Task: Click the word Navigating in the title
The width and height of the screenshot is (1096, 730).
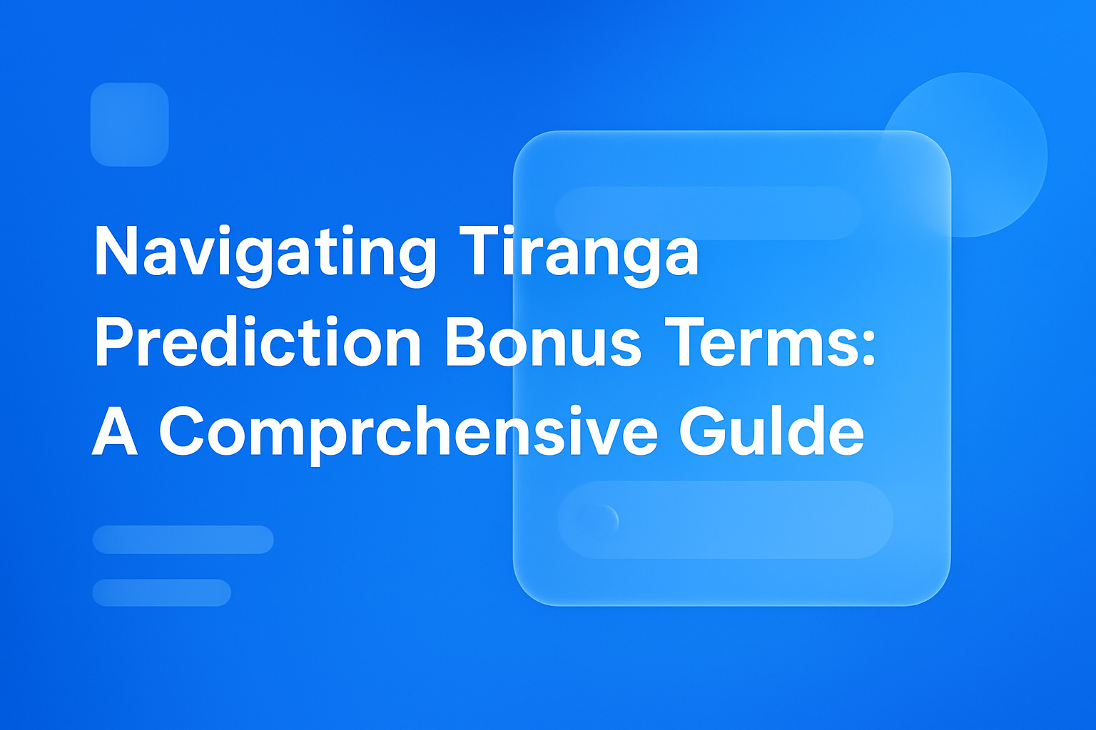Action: pyautogui.click(x=264, y=253)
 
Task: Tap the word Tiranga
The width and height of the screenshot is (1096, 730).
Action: pyautogui.click(x=578, y=253)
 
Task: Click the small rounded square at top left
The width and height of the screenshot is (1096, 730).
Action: pyautogui.click(x=129, y=125)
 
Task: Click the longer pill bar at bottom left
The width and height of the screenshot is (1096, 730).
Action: pyautogui.click(x=183, y=540)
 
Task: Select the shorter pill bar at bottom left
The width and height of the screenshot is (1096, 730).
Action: pyautogui.click(x=161, y=592)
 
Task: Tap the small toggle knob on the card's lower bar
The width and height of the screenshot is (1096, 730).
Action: pyautogui.click(x=598, y=520)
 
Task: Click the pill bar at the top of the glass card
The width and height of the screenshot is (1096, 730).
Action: pyautogui.click(x=707, y=212)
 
